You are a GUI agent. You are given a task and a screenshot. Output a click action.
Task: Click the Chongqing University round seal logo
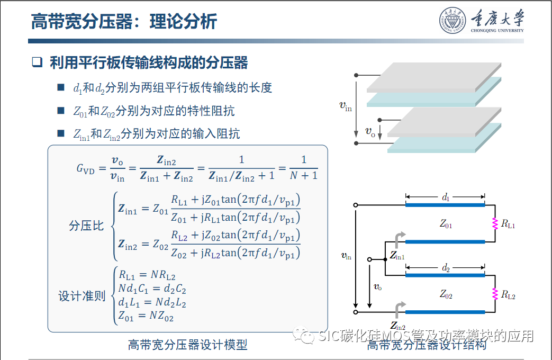(x=453, y=21)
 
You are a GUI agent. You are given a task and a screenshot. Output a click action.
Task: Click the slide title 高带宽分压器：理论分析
(x=124, y=22)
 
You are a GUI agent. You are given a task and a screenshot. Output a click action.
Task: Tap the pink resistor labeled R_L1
(x=495, y=223)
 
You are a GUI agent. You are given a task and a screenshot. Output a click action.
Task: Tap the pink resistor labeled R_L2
(x=495, y=294)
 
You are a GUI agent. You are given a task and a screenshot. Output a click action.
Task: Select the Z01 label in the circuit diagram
(x=446, y=224)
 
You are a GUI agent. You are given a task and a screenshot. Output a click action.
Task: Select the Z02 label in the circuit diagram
(x=446, y=294)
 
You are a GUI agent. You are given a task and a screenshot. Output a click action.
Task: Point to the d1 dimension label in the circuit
(x=446, y=197)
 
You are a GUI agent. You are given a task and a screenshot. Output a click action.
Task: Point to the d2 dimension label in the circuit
(x=446, y=269)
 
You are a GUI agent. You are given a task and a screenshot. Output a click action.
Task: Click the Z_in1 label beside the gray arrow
(x=397, y=256)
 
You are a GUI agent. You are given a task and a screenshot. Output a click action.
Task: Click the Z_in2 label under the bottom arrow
(x=398, y=327)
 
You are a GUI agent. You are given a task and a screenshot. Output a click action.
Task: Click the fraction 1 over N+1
(x=303, y=167)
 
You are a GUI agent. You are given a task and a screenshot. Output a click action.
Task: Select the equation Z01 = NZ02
(x=146, y=317)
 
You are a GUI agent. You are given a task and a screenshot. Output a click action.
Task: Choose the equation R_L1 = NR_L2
(x=147, y=275)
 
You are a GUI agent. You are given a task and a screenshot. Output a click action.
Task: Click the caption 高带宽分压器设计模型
(x=188, y=345)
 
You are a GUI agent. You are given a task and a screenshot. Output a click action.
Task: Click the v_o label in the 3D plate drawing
(x=370, y=131)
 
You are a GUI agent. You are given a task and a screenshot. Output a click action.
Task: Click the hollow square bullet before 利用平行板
(x=37, y=62)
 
